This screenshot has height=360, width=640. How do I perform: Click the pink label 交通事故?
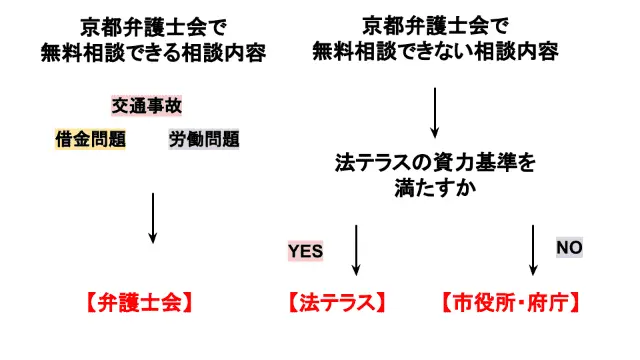147,105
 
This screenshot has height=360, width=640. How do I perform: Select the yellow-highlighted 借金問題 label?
90,139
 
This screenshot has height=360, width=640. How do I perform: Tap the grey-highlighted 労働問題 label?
204,139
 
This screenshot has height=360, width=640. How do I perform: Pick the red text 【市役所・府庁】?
511,301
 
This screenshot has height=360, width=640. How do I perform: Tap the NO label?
569,247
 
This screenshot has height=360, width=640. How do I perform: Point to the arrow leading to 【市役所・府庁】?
533,250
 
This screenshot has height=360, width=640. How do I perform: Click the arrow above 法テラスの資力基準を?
434,112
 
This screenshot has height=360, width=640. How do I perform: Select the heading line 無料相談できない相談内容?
434,50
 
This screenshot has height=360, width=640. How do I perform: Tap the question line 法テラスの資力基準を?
435,161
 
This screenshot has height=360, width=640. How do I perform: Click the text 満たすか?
435,186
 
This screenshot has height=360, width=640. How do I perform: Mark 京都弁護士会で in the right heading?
434,25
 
